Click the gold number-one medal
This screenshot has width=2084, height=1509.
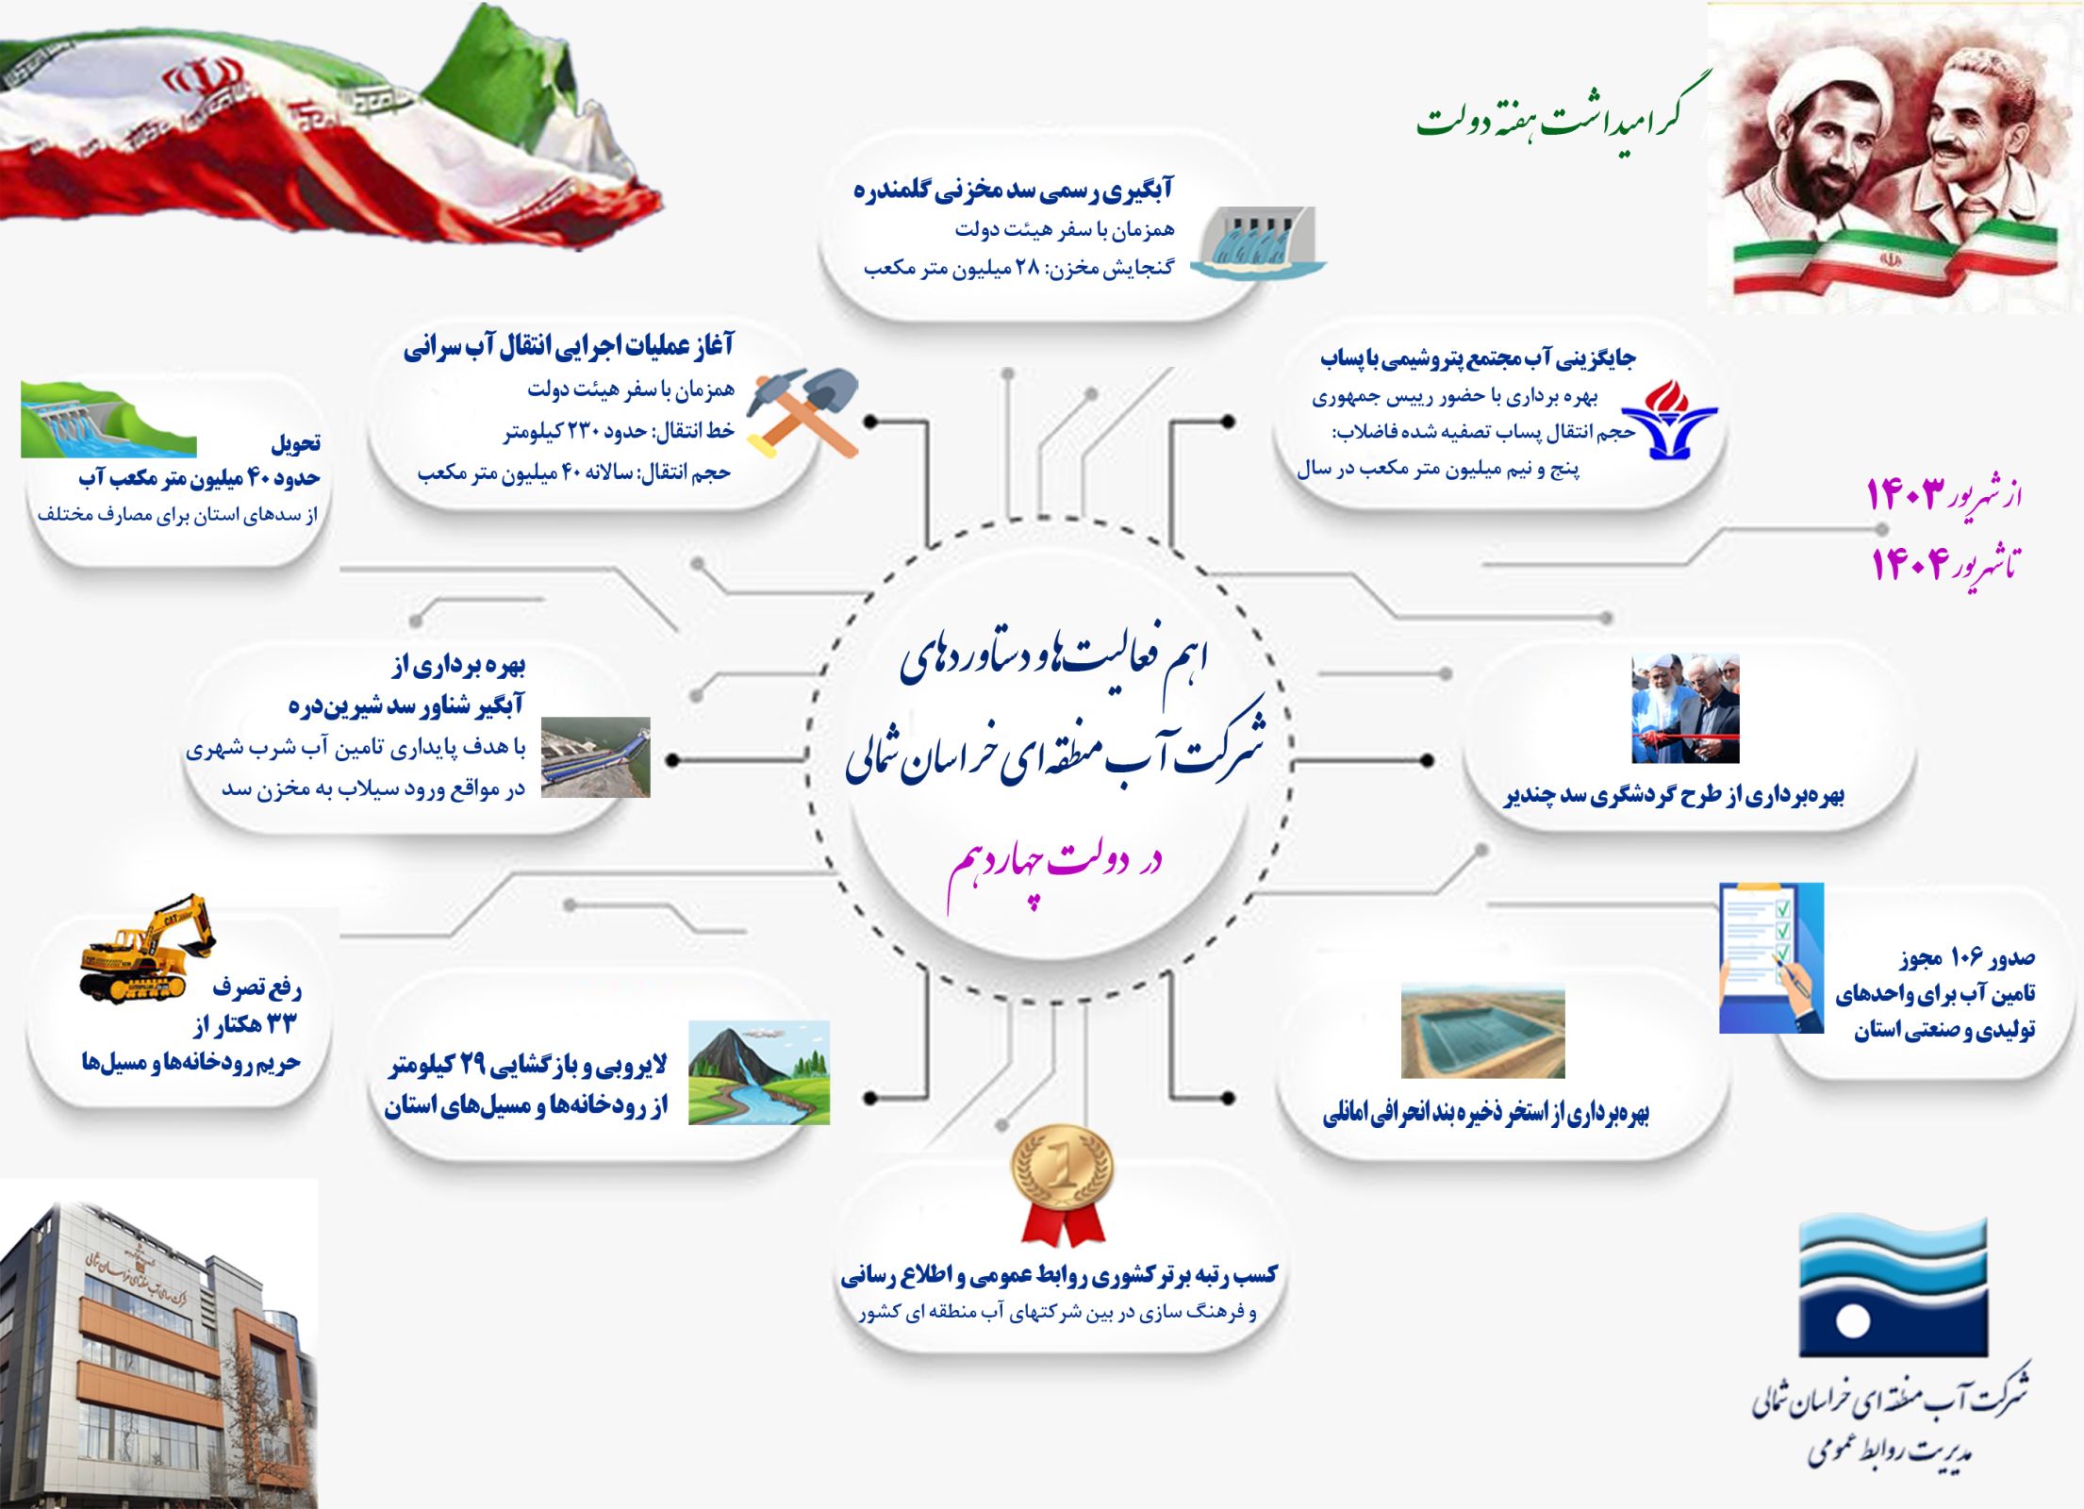pyautogui.click(x=1063, y=1186)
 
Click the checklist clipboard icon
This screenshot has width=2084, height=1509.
pyautogui.click(x=1771, y=957)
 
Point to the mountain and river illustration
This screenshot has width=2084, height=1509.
pyautogui.click(x=759, y=1072)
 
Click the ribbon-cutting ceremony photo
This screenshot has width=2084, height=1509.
pyautogui.click(x=1685, y=707)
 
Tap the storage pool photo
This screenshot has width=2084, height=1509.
pyautogui.click(x=1482, y=1031)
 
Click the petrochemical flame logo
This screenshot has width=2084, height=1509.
pyautogui.click(x=1669, y=419)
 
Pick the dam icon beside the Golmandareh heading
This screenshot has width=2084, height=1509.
pyautogui.click(x=1259, y=242)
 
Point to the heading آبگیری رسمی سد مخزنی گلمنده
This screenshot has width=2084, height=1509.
pyautogui.click(x=1013, y=190)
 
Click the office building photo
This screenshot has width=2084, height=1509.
pyautogui.click(x=158, y=1345)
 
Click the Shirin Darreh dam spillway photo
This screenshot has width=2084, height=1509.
pyautogui.click(x=595, y=757)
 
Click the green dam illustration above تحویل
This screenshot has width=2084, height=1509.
pyautogui.click(x=108, y=419)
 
